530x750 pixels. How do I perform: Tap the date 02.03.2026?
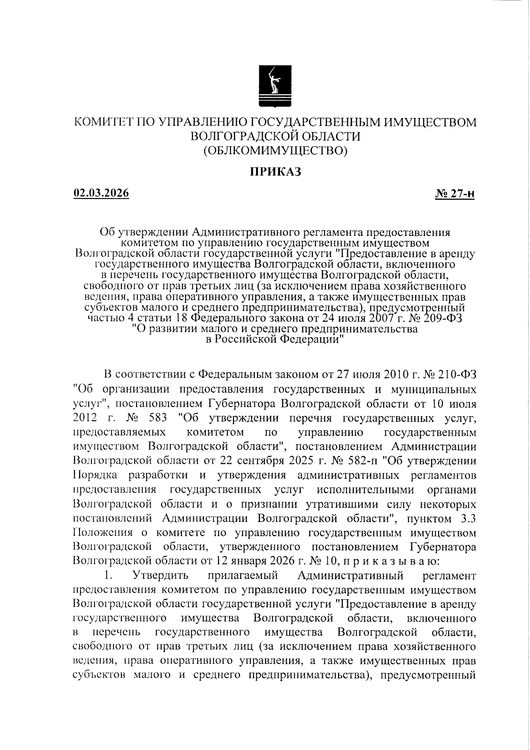coord(101,193)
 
